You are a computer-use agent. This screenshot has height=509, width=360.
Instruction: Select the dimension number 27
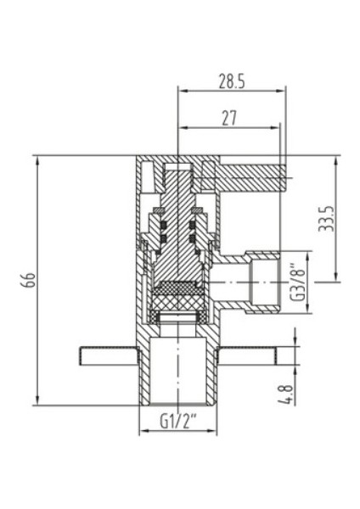229,120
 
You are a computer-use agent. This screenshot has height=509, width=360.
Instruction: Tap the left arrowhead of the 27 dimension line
181,128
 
